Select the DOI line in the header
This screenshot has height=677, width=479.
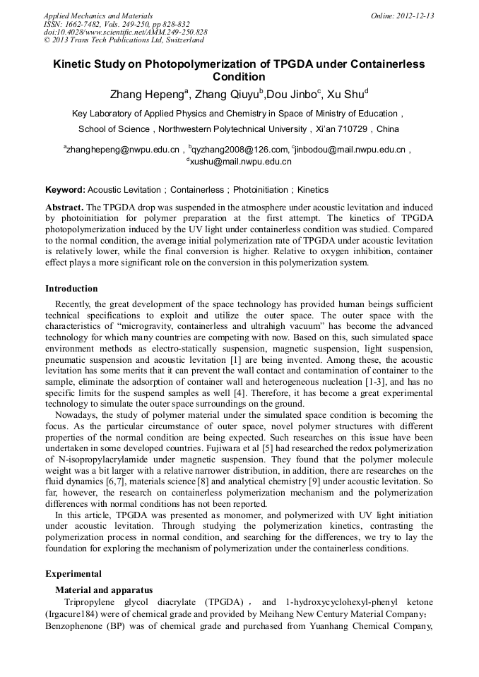click(125, 32)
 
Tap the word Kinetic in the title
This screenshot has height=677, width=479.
click(73, 64)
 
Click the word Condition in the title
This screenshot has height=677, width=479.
click(239, 78)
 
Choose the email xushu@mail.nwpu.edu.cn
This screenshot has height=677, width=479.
click(240, 162)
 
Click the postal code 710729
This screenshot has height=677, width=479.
click(350, 129)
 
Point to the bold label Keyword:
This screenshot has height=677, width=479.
click(65, 190)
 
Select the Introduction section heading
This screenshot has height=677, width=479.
click(71, 289)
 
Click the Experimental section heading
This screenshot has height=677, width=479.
click(73, 574)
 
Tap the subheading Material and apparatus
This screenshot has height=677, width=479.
click(103, 590)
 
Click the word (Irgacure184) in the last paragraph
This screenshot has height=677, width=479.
click(73, 613)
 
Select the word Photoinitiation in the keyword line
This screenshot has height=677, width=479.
click(261, 190)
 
